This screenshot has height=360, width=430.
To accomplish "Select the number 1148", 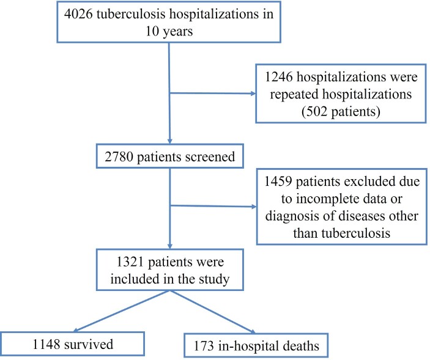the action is (43, 344).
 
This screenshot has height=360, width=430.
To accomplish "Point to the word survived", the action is (92, 344).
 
